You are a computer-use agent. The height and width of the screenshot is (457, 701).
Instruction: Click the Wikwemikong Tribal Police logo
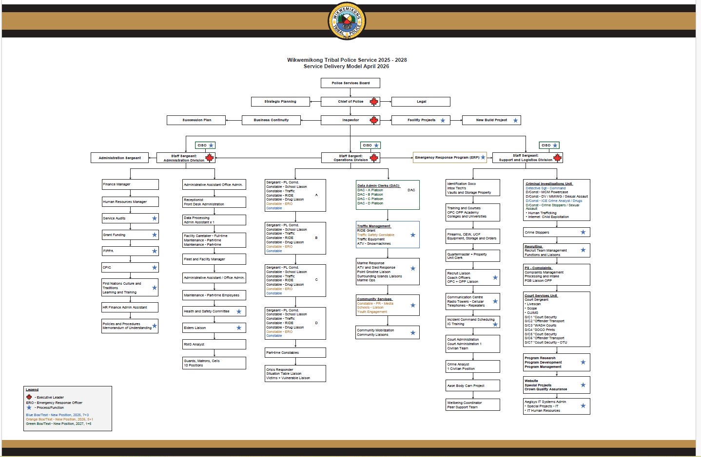pyautogui.click(x=347, y=21)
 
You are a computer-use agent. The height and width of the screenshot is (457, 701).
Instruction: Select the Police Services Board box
pyautogui.click(x=350, y=83)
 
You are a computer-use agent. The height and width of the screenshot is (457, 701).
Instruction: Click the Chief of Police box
pyautogui.click(x=350, y=102)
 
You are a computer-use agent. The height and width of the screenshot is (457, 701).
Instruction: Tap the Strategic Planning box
pyautogui.click(x=280, y=102)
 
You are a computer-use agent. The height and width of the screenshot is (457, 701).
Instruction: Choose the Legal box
pyautogui.click(x=421, y=102)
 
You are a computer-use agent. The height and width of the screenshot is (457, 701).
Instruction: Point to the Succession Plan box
pyautogui.click(x=196, y=120)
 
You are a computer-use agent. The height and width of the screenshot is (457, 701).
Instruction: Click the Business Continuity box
pyautogui.click(x=271, y=120)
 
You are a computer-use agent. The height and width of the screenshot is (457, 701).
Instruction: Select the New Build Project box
pyautogui.click(x=491, y=120)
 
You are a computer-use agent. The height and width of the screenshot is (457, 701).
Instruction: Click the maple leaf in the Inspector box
pyautogui.click(x=374, y=120)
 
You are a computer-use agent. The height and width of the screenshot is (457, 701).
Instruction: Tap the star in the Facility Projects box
pyautogui.click(x=443, y=120)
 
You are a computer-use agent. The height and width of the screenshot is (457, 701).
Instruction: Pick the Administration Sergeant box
pyautogui.click(x=119, y=158)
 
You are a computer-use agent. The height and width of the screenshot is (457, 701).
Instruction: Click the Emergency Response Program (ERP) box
pyautogui.click(x=449, y=157)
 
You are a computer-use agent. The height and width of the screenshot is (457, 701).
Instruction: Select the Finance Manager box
pyautogui.click(x=130, y=184)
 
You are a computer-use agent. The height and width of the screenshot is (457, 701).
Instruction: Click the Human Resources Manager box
pyautogui.click(x=130, y=201)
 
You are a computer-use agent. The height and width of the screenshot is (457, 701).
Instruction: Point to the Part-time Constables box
pyautogui.click(x=295, y=352)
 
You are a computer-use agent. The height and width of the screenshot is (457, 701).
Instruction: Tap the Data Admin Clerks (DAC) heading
pyautogui.click(x=378, y=185)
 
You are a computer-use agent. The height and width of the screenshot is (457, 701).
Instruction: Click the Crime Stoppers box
pyautogui.click(x=556, y=232)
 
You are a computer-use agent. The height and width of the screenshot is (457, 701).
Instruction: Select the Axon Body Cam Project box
pyautogui.click(x=473, y=385)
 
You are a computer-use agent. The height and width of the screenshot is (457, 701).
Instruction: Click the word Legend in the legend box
pyautogui.click(x=32, y=389)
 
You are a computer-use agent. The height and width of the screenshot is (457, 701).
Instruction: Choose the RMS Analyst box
pyautogui.click(x=214, y=344)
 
